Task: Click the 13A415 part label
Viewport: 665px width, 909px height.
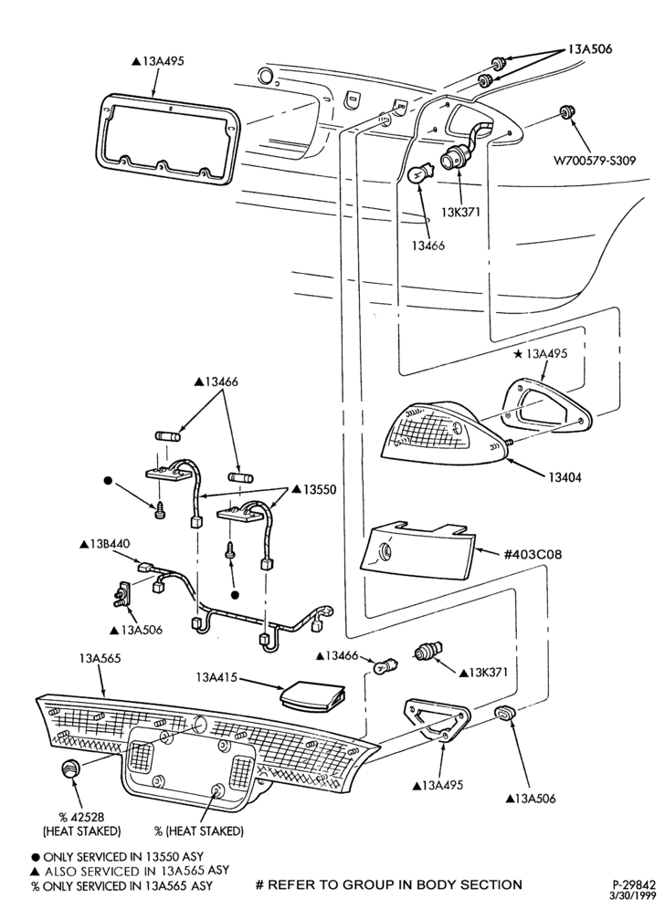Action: (216, 677)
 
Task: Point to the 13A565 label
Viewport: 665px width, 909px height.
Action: (100, 659)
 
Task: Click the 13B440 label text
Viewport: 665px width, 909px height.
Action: (108, 544)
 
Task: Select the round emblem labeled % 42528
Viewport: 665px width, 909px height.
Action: (71, 768)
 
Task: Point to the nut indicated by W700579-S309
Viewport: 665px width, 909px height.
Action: (565, 112)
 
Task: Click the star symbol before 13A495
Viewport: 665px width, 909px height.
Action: (518, 353)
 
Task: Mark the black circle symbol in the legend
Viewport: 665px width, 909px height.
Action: (36, 857)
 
